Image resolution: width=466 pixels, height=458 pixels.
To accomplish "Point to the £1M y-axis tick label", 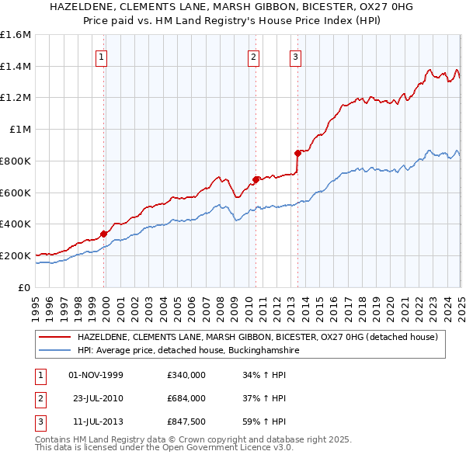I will coord(20,129).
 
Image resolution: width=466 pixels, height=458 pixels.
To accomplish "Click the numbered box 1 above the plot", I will coord(103,55).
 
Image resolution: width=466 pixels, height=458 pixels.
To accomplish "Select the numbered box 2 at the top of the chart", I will coord(254,55).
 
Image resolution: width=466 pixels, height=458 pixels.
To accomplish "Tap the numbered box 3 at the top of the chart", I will coord(296,55).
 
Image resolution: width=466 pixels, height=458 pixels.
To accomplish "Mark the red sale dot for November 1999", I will coord(104,233).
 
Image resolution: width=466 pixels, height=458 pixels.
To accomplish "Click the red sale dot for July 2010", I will coord(256,179).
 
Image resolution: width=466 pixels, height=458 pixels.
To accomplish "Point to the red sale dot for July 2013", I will coord(297,153).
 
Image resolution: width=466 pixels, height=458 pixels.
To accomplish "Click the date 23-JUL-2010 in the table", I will coord(96,398).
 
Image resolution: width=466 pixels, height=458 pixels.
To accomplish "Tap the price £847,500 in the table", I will coord(186,422).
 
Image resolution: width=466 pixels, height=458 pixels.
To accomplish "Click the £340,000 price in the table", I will coord(186,375).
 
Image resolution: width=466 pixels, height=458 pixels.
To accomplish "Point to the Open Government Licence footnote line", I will coord(165,448).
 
